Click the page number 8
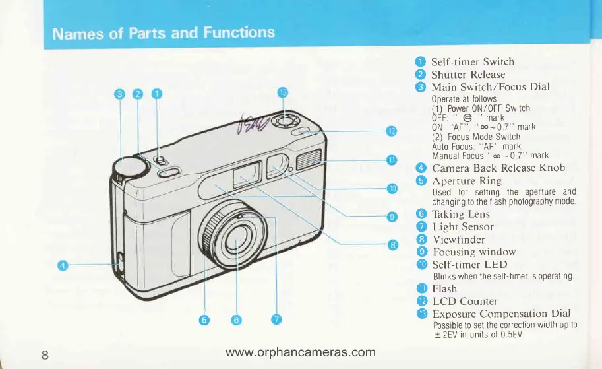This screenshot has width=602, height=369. pos(45,354)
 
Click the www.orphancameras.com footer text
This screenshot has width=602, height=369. pos(300,352)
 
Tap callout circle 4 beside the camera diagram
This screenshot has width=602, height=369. pos(63,265)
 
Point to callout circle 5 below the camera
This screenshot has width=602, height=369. pos(204,320)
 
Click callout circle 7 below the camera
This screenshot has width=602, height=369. pos(277,320)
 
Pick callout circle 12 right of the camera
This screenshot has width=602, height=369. pos(390,131)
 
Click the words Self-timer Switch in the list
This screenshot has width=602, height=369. pos(472,62)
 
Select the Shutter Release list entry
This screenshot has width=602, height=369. pos(468,75)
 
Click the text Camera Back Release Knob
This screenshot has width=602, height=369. pos(498,168)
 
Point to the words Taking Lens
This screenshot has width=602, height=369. pos(461,214)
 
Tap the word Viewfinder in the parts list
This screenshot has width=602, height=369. pos(458,239)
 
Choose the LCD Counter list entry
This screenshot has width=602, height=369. pos(465,301)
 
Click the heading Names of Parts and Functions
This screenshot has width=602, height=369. pos(164,32)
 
